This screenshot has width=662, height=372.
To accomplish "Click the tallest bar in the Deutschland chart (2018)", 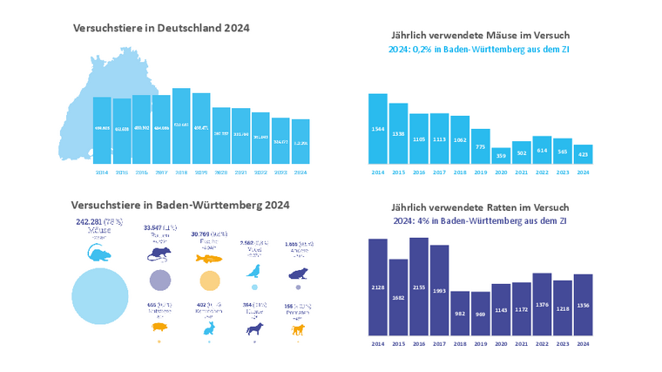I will (181, 125).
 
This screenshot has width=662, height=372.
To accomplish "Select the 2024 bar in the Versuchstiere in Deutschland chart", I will (301, 141).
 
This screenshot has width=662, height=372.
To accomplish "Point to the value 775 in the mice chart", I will (479, 146).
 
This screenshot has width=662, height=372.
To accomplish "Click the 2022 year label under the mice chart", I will (540, 172).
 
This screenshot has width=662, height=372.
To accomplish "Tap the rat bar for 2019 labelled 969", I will (479, 313).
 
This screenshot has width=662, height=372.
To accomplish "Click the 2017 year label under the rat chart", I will (439, 345).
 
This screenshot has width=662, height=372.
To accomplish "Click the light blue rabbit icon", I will (210, 328).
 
